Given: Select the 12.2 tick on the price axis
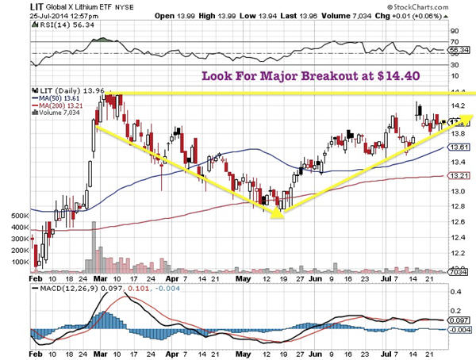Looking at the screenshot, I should point(457,252).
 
